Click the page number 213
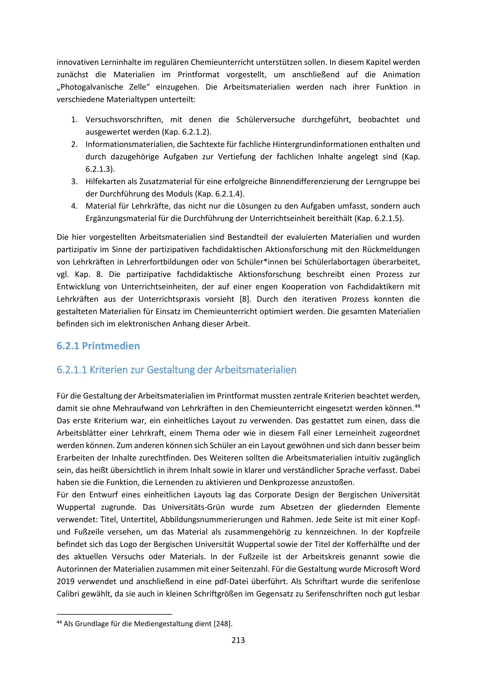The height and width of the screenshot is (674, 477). [x=238, y=640]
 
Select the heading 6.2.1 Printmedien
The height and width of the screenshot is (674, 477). [x=98, y=346]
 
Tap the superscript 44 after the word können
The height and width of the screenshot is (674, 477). [x=417, y=406]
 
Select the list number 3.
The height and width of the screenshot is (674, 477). [x=74, y=182]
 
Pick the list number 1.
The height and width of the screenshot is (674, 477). [x=74, y=120]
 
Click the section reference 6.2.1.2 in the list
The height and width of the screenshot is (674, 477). [x=195, y=132]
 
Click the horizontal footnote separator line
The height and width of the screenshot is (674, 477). [x=114, y=614]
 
